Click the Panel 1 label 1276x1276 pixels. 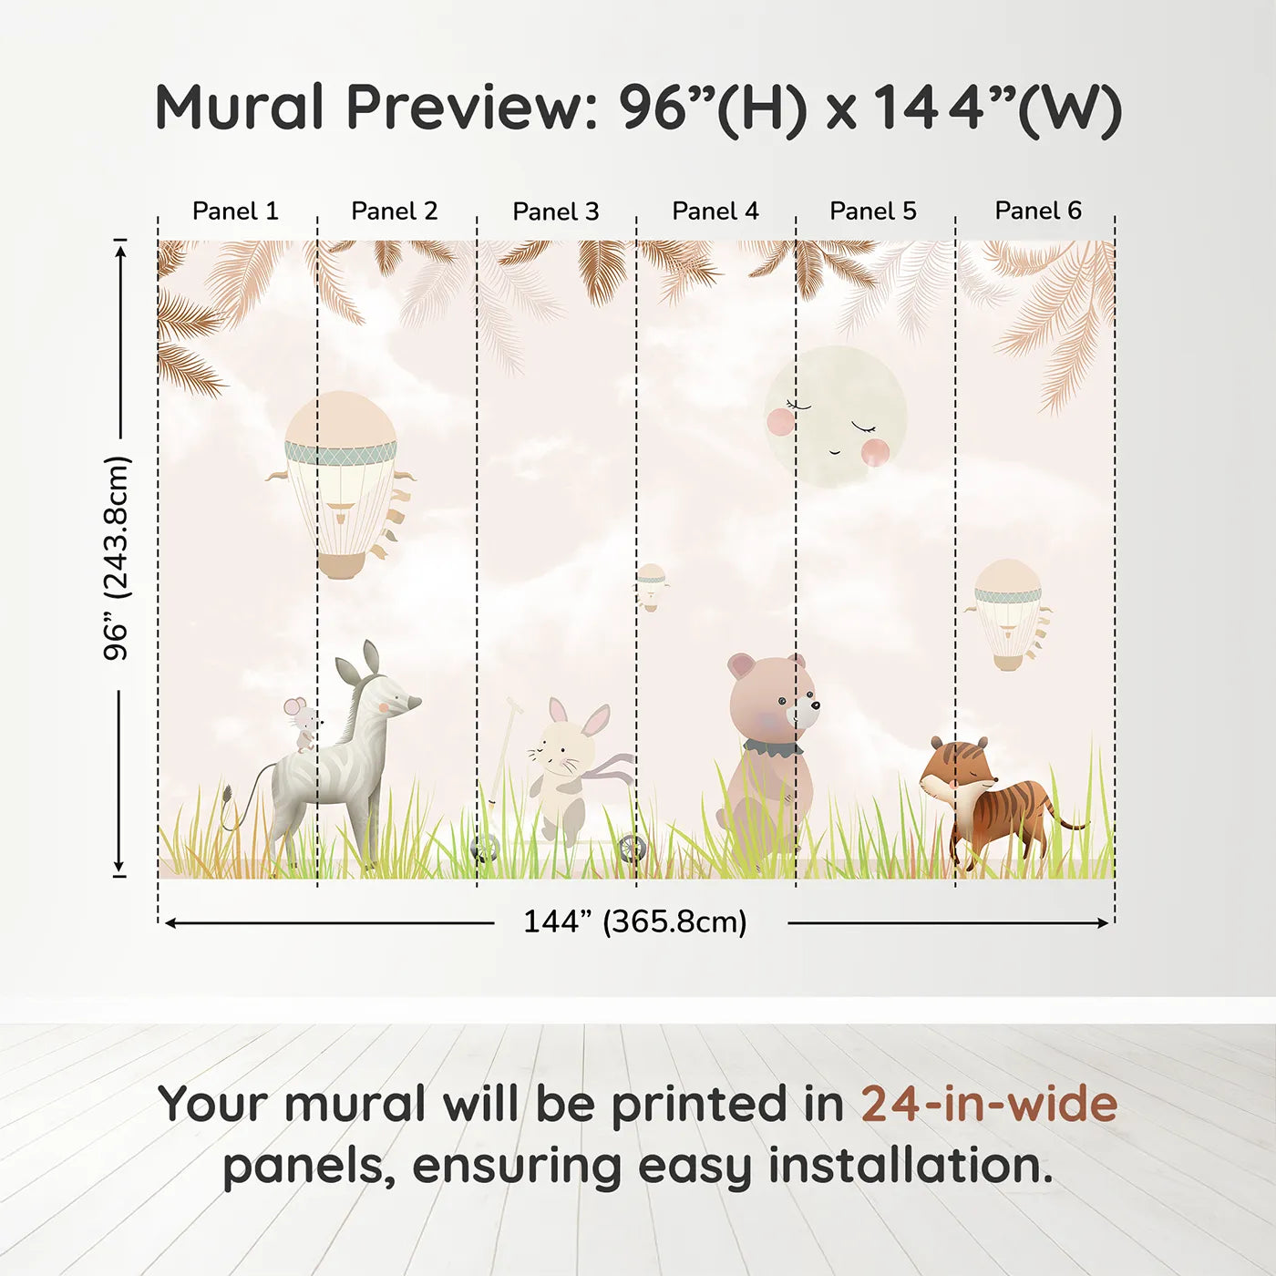[235, 211]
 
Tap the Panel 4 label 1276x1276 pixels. [715, 211]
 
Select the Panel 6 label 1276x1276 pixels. [1037, 211]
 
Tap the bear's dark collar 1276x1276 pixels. [772, 747]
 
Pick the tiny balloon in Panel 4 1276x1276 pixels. [652, 587]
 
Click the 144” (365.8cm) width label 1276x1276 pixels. [635, 921]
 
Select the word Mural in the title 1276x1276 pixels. [240, 107]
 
